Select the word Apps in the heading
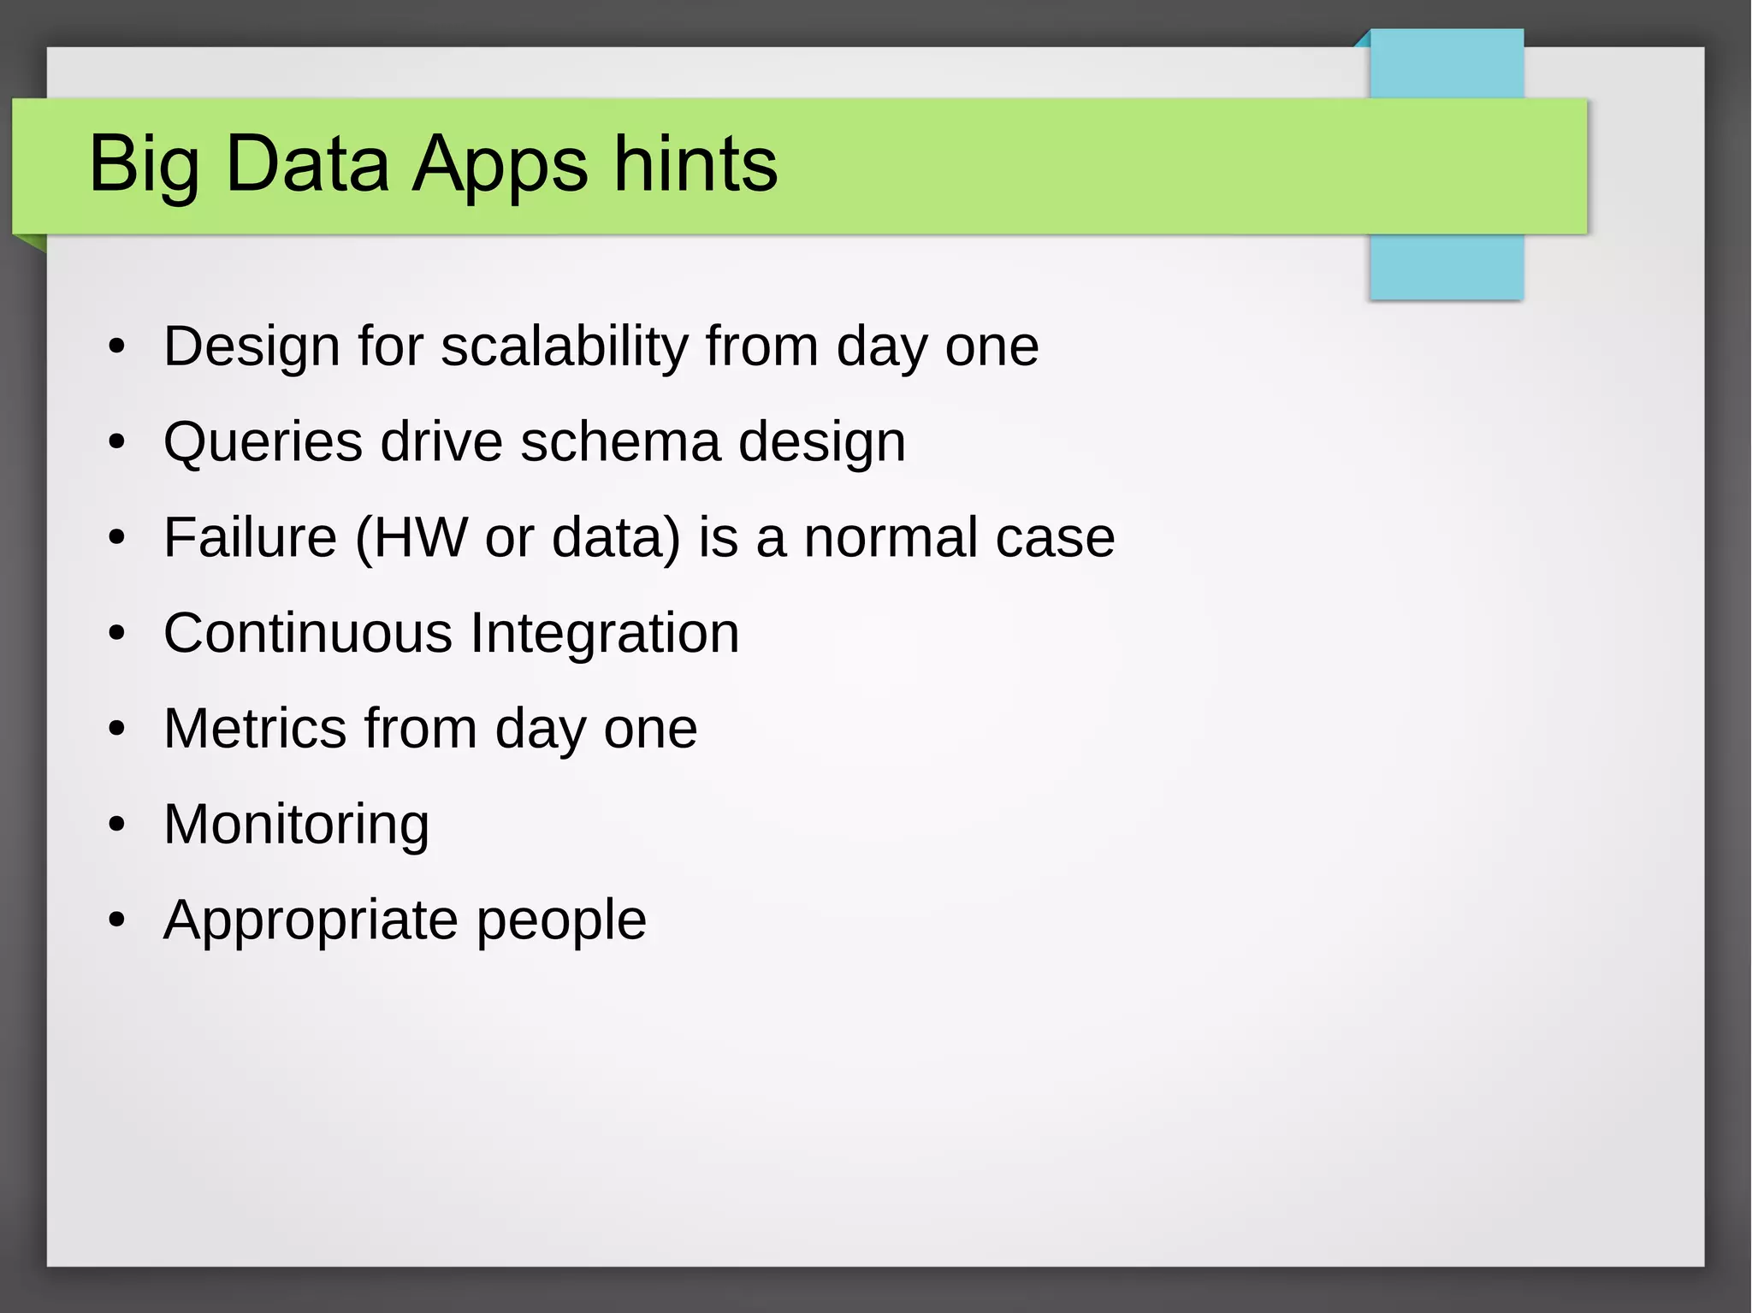[500, 164]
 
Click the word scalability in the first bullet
[564, 346]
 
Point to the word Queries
[263, 442]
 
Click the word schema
[620, 442]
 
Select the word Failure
[250, 538]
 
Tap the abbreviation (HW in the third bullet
[411, 538]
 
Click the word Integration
[605, 634]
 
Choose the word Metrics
[255, 729]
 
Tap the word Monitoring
[296, 825]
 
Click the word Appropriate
[310, 920]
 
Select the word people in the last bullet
[561, 920]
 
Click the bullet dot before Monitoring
[117, 825]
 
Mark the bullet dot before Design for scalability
[117, 347]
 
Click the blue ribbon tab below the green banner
[1446, 266]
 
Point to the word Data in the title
[306, 164]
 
